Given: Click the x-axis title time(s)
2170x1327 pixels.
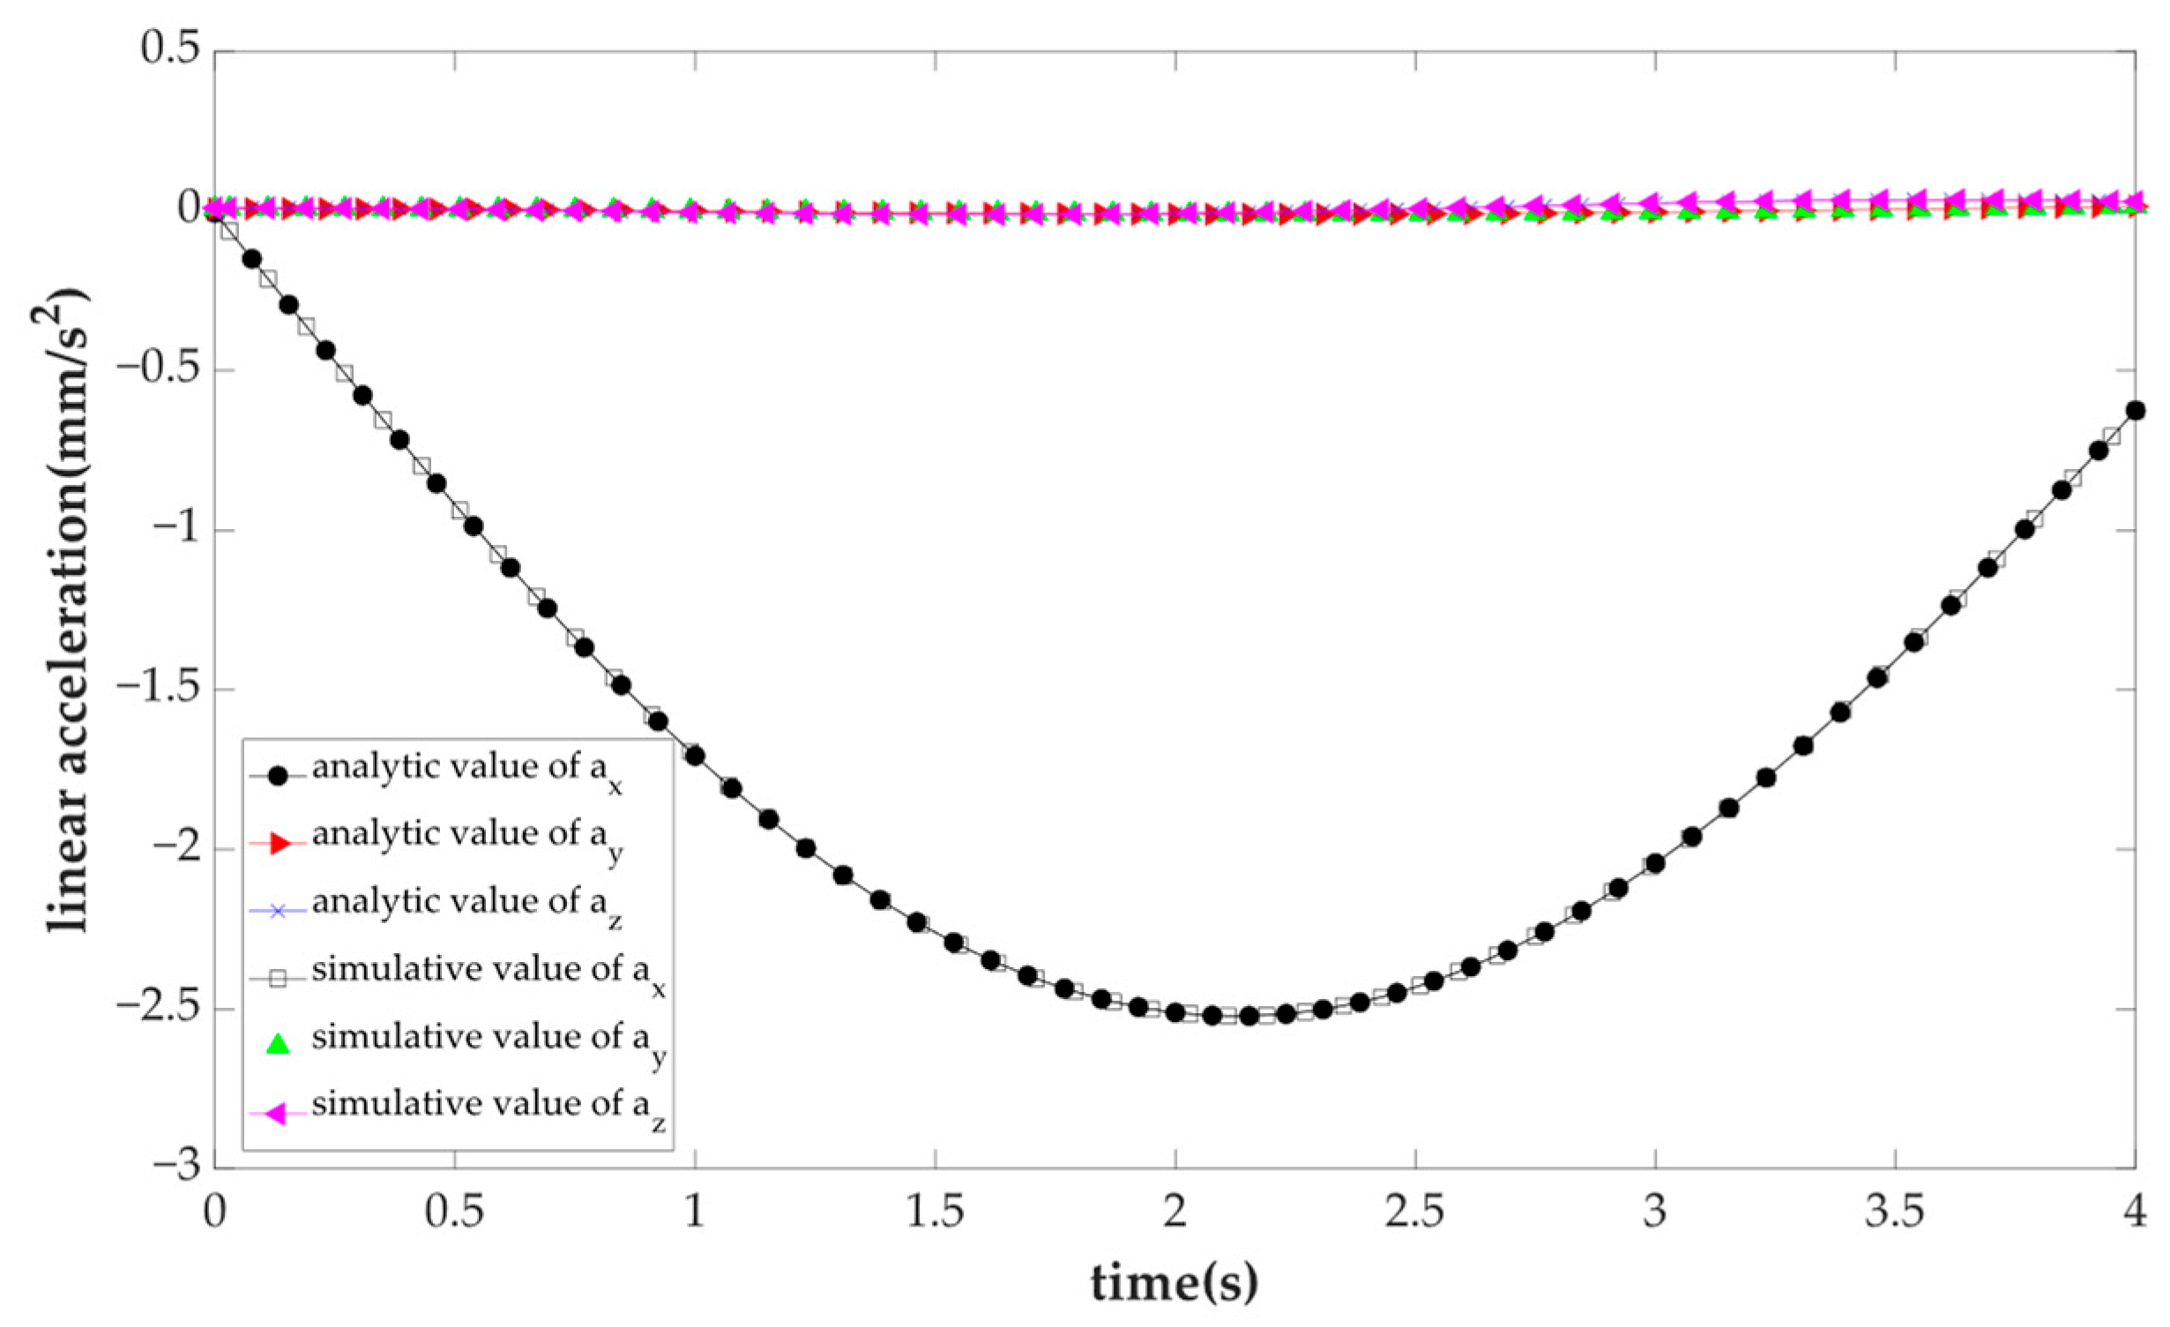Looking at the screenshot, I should (1174, 1283).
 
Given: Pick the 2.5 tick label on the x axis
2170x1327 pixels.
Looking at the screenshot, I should (1414, 1213).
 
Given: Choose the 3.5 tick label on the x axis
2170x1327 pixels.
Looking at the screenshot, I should (1895, 1213).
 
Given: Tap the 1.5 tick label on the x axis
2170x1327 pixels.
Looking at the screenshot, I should (935, 1213).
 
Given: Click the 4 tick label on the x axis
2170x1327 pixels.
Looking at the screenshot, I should (2134, 1213).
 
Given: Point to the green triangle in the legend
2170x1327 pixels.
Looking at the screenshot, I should (278, 1045).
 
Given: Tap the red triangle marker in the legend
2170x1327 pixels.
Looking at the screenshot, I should (278, 844).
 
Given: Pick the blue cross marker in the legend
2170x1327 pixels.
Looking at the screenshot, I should (278, 911).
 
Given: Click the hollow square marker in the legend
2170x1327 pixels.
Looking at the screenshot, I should (278, 979).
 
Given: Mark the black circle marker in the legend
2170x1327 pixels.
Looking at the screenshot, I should (278, 777).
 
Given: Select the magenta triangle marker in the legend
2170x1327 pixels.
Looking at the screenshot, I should (278, 1115).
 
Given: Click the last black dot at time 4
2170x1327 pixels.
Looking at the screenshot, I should (2135, 410).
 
